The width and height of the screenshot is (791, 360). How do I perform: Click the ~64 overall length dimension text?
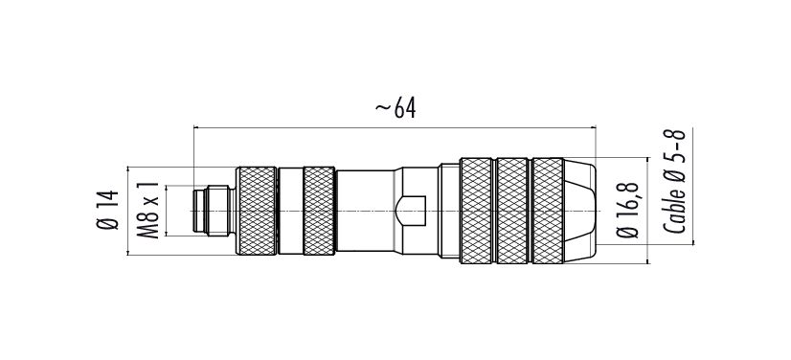coord(395,108)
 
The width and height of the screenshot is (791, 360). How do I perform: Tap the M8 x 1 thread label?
coord(148,211)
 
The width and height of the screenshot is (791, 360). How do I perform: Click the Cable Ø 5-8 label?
coord(674,182)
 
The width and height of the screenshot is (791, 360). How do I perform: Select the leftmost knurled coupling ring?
coord(257,211)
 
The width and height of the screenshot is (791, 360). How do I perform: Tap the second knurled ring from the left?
coord(319,211)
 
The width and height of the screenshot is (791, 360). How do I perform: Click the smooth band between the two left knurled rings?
coord(290,211)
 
